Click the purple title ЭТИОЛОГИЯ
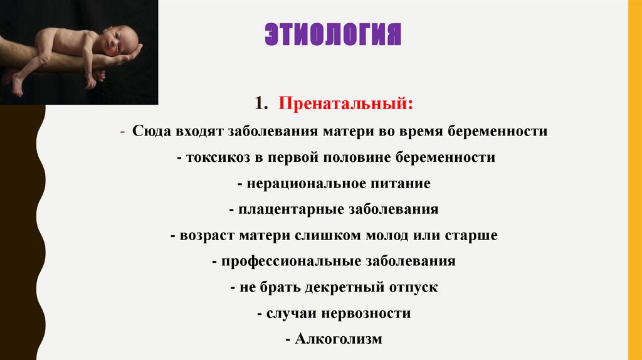pyautogui.click(x=332, y=35)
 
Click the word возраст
pyautogui.click(x=206, y=235)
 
